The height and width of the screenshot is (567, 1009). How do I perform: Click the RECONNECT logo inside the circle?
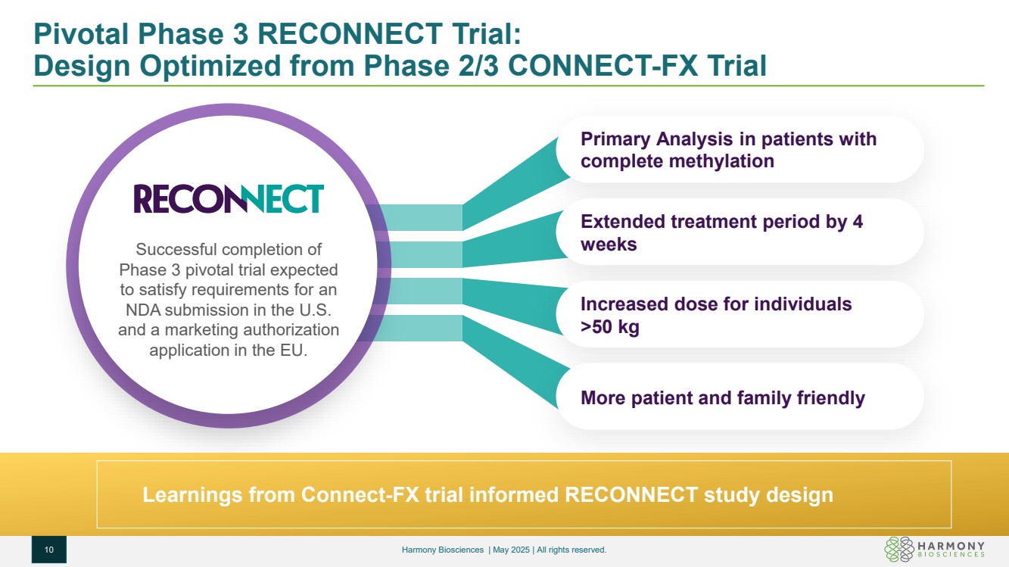(229, 198)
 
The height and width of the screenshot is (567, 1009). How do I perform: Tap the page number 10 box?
(49, 550)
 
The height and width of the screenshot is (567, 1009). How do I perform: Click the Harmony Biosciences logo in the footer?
(934, 549)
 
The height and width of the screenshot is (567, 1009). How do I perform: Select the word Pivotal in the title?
(82, 34)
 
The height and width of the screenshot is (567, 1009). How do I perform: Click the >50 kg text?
(610, 327)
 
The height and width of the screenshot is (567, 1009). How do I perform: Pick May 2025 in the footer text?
(511, 550)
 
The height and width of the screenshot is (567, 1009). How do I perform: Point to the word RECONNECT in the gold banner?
(631, 494)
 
